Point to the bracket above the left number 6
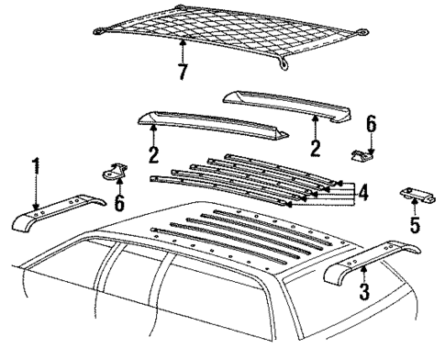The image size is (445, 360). click(x=112, y=172)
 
